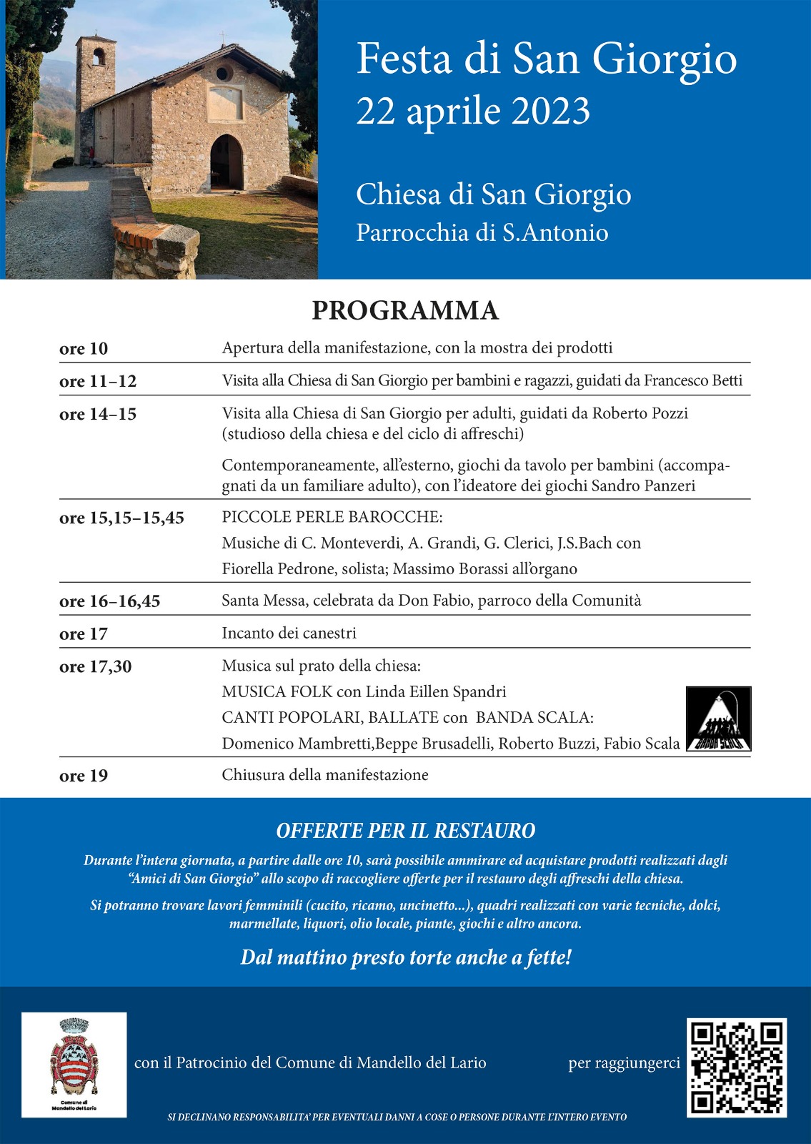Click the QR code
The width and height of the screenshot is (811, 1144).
(737, 1067)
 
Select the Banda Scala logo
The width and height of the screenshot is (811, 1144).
(718, 719)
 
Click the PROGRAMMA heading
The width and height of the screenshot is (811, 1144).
(405, 310)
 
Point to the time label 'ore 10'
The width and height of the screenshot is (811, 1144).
(84, 348)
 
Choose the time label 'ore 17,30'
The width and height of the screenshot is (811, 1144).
(95, 666)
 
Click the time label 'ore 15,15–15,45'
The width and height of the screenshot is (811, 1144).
(121, 518)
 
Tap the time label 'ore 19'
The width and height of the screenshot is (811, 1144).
(84, 776)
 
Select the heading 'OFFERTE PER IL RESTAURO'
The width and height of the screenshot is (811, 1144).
(405, 831)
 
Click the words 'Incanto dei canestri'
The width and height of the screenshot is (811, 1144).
(289, 633)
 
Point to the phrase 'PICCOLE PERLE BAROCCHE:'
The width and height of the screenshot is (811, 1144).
(332, 517)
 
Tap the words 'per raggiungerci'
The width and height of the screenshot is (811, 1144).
(624, 1063)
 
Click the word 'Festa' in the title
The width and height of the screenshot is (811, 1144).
(404, 59)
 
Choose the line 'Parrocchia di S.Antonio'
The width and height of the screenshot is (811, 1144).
(482, 232)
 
